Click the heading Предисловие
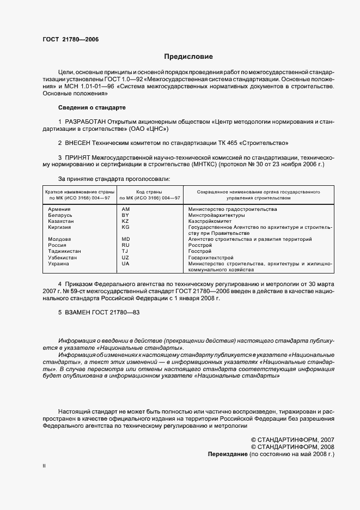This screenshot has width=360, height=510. pos(188,57)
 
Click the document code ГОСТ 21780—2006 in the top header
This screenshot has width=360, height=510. pos(70,39)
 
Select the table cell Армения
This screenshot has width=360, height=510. pos(59,209)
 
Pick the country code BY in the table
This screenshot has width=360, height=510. pos(125,216)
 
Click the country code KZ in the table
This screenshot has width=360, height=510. pos(125,222)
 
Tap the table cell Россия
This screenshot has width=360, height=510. pos(58,245)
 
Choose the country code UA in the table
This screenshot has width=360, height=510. pos(125,263)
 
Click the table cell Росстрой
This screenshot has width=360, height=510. pos(199,245)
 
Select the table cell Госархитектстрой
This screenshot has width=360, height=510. pos(210,257)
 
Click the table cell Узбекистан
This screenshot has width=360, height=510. pos(62,257)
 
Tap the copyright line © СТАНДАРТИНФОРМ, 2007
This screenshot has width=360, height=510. pos(292,439)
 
